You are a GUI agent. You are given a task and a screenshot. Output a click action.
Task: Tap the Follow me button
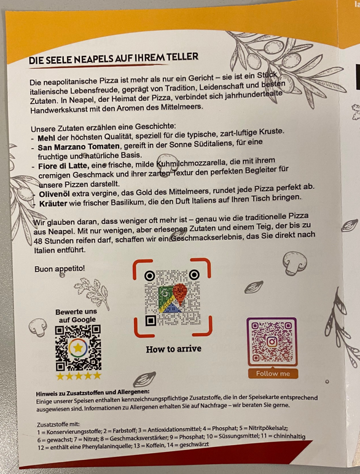point(273,373)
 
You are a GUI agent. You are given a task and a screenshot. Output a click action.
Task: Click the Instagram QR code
point(272,342)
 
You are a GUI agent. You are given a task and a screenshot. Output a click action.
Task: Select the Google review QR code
point(78,348)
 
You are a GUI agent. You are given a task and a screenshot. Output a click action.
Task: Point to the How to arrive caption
point(173,349)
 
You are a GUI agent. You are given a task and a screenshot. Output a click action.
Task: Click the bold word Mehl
point(46,138)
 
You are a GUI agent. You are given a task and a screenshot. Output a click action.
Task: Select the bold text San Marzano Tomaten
point(79,147)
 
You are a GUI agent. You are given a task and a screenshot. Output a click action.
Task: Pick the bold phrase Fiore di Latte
point(63,166)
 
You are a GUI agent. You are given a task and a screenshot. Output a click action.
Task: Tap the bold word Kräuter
point(53,203)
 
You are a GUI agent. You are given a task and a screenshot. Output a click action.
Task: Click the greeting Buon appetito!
point(60,269)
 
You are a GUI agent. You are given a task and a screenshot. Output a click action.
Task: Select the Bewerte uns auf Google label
point(77,315)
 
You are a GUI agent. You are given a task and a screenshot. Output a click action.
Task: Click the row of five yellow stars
point(79,376)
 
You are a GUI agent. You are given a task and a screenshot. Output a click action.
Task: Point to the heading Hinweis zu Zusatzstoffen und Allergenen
point(93,393)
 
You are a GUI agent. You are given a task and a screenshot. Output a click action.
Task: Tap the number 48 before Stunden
point(37,241)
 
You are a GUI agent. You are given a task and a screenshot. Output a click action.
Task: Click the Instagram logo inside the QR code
point(272,342)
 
